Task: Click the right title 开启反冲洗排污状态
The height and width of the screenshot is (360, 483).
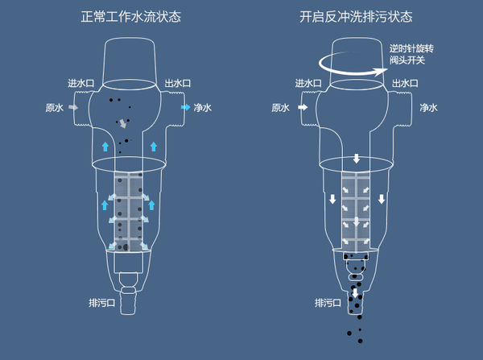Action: [356, 17]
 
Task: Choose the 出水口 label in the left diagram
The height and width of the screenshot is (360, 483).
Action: [177, 83]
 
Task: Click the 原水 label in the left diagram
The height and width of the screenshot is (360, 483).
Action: [54, 107]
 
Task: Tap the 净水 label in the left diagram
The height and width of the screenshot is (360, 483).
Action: [202, 107]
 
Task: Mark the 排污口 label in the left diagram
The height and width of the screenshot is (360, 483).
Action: [102, 303]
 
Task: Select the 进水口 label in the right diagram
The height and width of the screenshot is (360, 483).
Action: [308, 83]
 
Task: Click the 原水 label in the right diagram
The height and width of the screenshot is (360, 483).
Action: [280, 107]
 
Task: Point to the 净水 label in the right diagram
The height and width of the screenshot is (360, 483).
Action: [428, 107]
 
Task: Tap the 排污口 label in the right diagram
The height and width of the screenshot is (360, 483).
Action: [328, 303]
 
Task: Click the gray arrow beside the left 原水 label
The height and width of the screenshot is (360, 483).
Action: [73, 107]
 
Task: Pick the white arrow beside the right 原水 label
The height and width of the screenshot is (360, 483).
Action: [301, 107]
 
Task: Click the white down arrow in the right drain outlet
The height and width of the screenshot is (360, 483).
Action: [356, 292]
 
